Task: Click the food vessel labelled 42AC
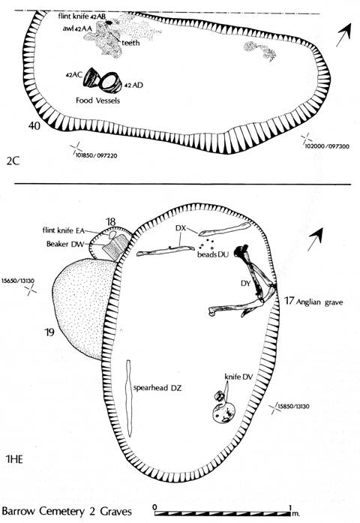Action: pyautogui.click(x=92, y=78)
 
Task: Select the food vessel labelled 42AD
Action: pyautogui.click(x=111, y=83)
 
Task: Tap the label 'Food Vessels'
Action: pyautogui.click(x=97, y=101)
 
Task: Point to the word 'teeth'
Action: pyautogui.click(x=130, y=43)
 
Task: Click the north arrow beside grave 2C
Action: pyautogui.click(x=343, y=35)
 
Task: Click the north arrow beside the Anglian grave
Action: pyautogui.click(x=315, y=239)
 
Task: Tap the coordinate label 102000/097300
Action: pyautogui.click(x=327, y=146)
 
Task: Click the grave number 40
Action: pyautogui.click(x=34, y=126)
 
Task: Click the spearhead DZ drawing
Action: pyautogui.click(x=129, y=398)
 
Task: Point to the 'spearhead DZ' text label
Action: pyautogui.click(x=157, y=388)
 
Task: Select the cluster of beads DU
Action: pyautogui.click(x=207, y=244)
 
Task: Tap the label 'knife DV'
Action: pyautogui.click(x=238, y=377)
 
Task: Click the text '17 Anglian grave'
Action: pyautogui.click(x=313, y=302)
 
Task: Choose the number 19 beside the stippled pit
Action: pyautogui.click(x=49, y=332)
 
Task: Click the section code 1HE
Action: pyautogui.click(x=15, y=459)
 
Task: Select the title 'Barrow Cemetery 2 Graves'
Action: pyautogui.click(x=67, y=511)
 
